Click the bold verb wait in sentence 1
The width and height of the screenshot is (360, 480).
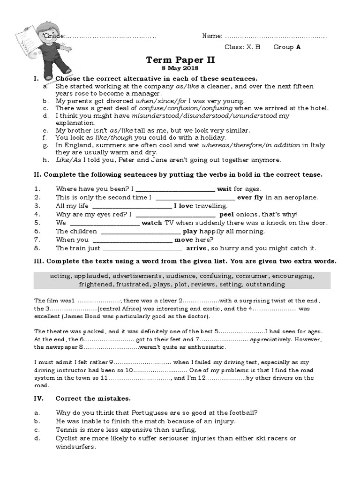point(225,189)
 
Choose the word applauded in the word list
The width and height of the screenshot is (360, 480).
point(93,276)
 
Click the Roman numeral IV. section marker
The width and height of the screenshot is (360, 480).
point(39,398)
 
